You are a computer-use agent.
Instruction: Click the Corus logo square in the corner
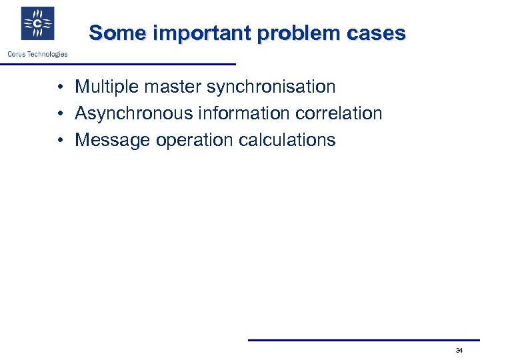coord(37,24)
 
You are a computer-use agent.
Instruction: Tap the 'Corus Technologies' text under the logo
coord(37,54)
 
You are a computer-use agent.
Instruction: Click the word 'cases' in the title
coord(379,33)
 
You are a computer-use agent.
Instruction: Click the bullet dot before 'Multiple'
coord(60,87)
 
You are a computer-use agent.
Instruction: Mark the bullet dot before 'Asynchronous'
coord(60,114)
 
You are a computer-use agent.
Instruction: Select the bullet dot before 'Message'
coord(60,141)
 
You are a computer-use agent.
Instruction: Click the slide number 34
coord(459,351)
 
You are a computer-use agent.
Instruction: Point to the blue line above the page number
coord(363,340)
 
